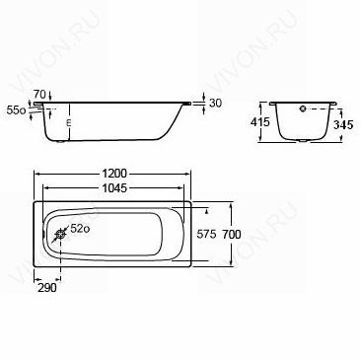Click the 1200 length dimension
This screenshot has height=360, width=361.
click(113, 174)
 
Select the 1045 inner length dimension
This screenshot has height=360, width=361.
click(114, 188)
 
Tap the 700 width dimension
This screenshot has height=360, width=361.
click(232, 235)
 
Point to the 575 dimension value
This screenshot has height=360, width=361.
click(206, 235)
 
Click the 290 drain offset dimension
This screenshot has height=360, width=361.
click(47, 288)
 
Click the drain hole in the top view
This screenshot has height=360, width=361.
click(60, 235)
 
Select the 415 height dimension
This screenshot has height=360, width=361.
click(259, 122)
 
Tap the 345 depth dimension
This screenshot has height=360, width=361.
click(343, 124)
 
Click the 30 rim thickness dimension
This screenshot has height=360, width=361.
click(215, 104)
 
